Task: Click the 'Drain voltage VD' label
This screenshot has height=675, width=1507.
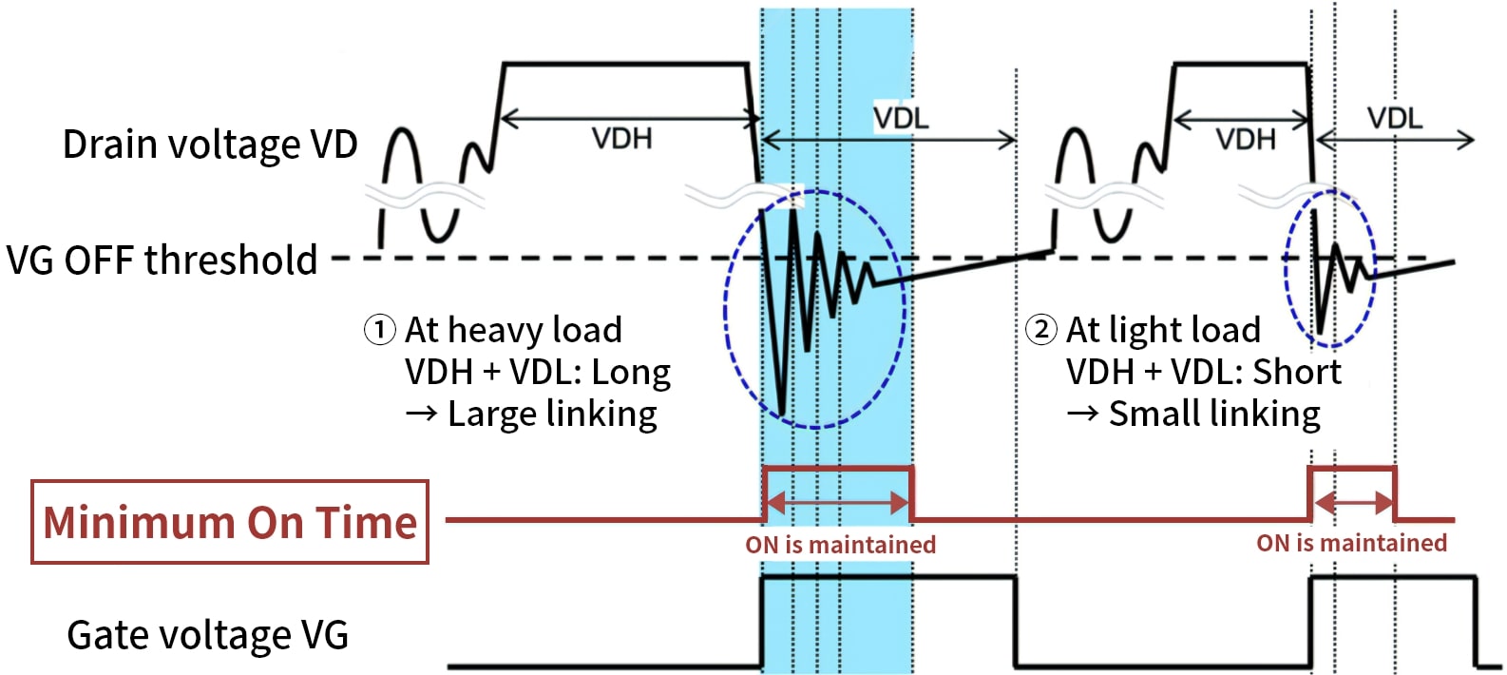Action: pos(209,145)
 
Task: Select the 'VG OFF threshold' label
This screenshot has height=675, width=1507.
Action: pos(162,260)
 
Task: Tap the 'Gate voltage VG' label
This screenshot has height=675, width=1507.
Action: pos(207,635)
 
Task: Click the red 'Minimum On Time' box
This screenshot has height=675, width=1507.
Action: pos(230,522)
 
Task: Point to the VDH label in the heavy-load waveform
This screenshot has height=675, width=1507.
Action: pos(622,139)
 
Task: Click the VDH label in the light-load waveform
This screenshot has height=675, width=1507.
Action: pos(1245,140)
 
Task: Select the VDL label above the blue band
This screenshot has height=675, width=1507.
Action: pos(901,119)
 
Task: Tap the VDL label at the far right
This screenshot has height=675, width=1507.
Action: pos(1395,119)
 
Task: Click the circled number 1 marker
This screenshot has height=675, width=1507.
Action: pos(379,330)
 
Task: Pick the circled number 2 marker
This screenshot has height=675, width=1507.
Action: pos(1041,330)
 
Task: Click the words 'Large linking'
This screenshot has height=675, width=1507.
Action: pos(552,415)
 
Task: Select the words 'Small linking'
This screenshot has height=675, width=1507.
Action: pos(1214,415)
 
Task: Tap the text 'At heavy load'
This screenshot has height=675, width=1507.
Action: pos(513,330)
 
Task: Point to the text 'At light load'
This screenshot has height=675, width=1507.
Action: pos(1163,330)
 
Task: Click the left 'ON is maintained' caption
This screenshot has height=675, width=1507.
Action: pos(840,545)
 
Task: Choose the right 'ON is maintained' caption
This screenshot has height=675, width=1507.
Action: pos(1351,543)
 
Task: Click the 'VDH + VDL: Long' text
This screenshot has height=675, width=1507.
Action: pos(538,372)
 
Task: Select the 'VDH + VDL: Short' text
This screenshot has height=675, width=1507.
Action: pos(1203,372)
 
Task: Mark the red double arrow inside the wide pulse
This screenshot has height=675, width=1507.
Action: pos(837,502)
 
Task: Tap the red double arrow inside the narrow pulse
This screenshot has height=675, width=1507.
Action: pos(1352,501)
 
